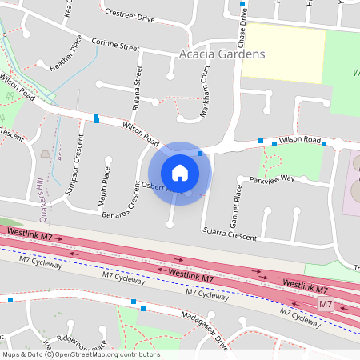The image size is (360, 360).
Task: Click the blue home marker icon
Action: [x=179, y=173]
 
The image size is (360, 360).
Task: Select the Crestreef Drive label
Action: [x=130, y=15]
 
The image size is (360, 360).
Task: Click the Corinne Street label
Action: [x=115, y=45]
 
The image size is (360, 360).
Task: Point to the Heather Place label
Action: [x=66, y=58]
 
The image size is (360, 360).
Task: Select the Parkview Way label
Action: [x=272, y=179]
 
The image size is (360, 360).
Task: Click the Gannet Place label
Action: [x=237, y=204]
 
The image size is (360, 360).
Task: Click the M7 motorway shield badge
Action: [x=325, y=305]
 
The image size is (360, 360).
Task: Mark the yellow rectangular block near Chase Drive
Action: [x=283, y=52]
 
